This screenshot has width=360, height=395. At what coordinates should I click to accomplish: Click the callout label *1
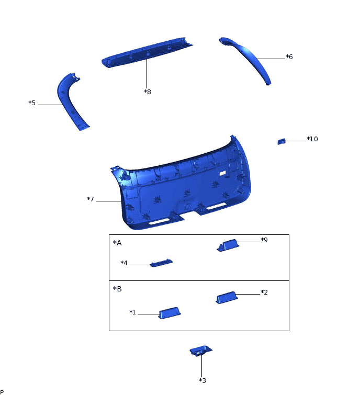[132, 312]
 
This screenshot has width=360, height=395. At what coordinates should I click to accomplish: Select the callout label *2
[264, 292]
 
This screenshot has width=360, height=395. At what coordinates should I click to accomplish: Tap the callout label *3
[203, 380]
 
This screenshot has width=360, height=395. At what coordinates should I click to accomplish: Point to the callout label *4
[124, 263]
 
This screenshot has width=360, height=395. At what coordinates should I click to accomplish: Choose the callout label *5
[32, 103]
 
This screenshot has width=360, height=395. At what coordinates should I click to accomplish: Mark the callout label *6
[289, 57]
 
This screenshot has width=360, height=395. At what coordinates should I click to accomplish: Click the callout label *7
[91, 199]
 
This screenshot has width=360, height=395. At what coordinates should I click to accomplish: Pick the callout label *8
[148, 92]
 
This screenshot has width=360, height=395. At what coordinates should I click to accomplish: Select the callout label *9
[264, 240]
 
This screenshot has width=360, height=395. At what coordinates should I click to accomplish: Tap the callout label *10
[312, 139]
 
